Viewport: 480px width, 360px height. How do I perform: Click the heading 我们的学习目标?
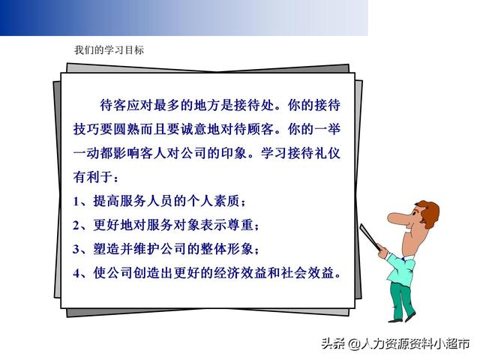pyautogui.click(x=109, y=50)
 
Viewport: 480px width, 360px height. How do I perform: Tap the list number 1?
pyautogui.click(x=76, y=201)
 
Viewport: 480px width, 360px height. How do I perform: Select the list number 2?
pyautogui.click(x=76, y=225)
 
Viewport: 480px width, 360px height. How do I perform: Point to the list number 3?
pyautogui.click(x=76, y=249)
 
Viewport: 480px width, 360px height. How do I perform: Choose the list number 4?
pyautogui.click(x=76, y=273)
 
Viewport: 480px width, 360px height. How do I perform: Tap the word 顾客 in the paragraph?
pyautogui.click(x=261, y=129)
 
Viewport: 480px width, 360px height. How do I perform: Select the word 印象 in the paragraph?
pyautogui.click(x=234, y=153)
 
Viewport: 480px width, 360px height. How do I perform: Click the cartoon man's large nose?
pyautogui.click(x=398, y=218)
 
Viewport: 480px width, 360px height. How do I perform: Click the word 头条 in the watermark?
pyautogui.click(x=333, y=343)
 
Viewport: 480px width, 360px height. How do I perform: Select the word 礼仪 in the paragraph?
pyautogui.click(x=328, y=153)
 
